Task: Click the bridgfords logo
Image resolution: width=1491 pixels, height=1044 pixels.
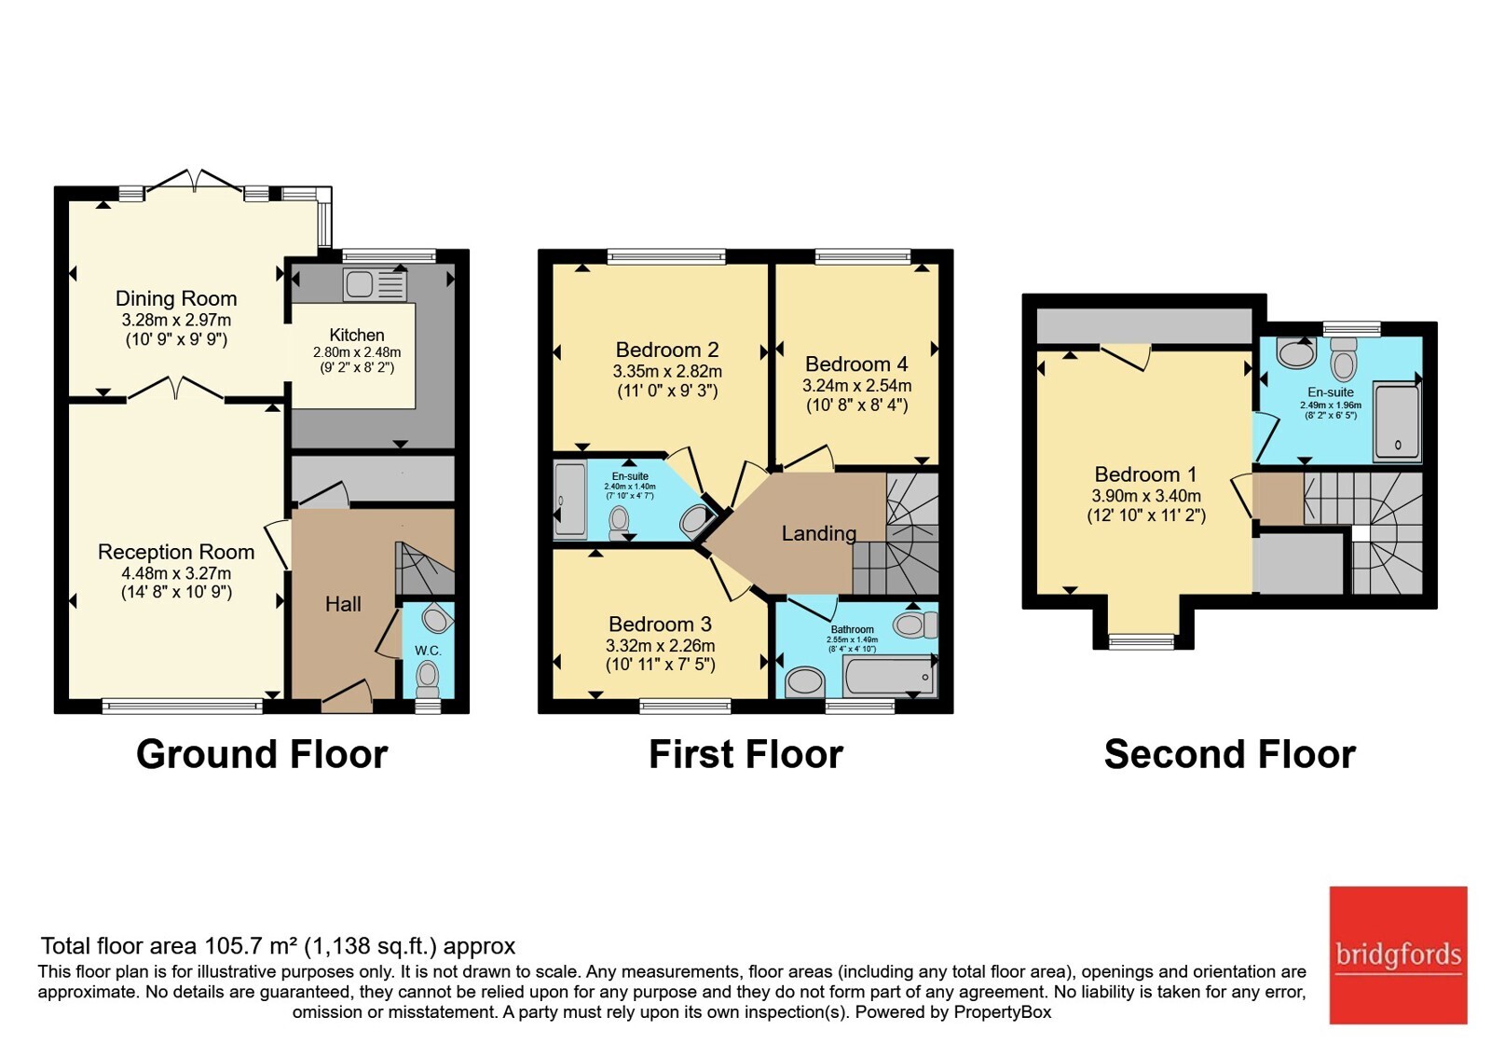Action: point(1399,955)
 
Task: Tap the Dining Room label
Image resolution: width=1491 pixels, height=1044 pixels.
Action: point(176,298)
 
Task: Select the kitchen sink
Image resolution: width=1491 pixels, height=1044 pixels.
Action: point(375,285)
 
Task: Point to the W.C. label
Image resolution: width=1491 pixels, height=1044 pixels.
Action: point(428,651)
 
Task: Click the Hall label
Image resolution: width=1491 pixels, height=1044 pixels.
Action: point(343,604)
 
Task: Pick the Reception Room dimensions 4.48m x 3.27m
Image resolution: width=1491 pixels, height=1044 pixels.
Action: point(176,572)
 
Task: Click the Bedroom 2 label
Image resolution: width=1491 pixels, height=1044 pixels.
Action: point(667,350)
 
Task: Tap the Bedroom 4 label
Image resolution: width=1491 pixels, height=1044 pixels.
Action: point(856,364)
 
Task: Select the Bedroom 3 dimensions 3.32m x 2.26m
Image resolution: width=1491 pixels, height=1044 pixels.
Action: point(661,645)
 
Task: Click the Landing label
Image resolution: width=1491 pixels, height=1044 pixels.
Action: point(819,533)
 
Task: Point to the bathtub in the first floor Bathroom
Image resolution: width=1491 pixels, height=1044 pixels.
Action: point(889,676)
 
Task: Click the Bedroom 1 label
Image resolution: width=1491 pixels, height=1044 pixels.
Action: point(1145,474)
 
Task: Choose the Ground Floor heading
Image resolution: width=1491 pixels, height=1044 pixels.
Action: point(262,754)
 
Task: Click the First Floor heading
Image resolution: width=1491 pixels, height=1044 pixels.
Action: point(745,754)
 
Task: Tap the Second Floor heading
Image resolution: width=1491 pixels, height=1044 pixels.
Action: point(1229,754)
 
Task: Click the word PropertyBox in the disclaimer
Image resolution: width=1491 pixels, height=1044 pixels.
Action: point(1003,1012)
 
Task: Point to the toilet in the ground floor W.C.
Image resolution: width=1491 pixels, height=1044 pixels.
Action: point(427,680)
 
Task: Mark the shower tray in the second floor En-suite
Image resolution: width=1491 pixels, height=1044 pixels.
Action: point(1397,423)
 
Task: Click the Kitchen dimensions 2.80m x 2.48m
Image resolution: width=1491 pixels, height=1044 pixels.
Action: point(357,352)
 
